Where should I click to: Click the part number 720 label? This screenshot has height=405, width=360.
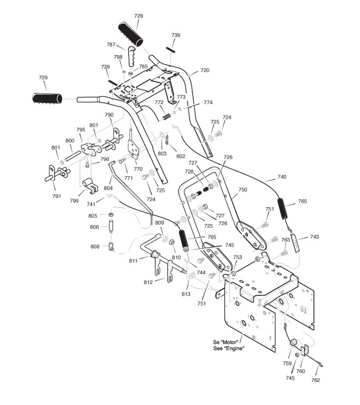pyautogui.click(x=205, y=70)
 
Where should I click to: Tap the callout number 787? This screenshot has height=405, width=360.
pyautogui.click(x=111, y=45)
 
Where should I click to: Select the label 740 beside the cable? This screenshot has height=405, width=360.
pyautogui.click(x=282, y=177)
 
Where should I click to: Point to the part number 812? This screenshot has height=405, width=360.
pyautogui.click(x=148, y=282)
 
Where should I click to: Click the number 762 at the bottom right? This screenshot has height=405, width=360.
pyautogui.click(x=315, y=380)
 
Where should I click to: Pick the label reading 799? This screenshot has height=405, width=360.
pyautogui.click(x=74, y=201)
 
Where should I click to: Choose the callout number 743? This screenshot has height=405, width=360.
pyautogui.click(x=315, y=237)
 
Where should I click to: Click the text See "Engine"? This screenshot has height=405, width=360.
pyautogui.click(x=229, y=349)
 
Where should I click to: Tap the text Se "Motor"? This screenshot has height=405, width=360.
pyautogui.click(x=226, y=342)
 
